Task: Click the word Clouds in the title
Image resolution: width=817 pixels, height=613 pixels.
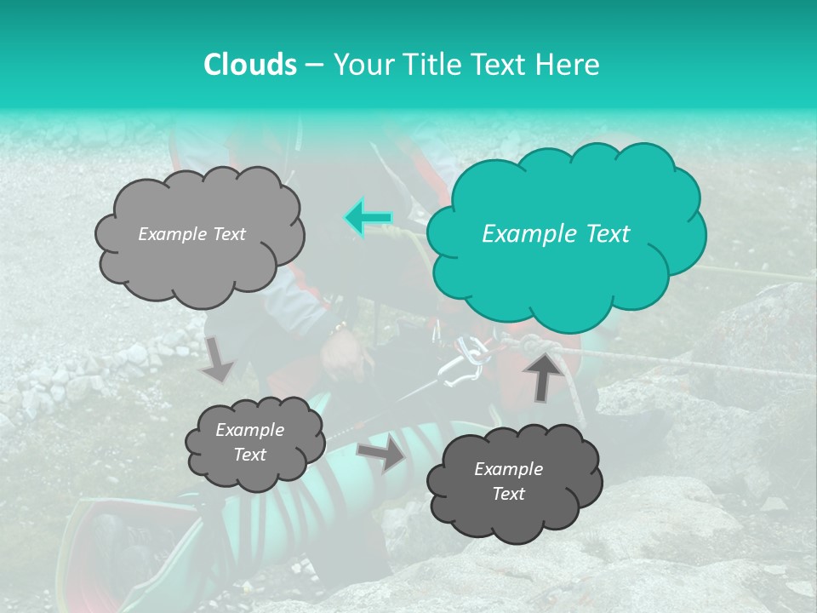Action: (249, 65)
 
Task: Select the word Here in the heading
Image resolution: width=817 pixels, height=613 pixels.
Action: (570, 65)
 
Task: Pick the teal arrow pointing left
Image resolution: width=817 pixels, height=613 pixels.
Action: (369, 218)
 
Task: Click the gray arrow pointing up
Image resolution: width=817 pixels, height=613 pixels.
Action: (544, 375)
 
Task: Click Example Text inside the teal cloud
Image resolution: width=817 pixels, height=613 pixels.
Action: (556, 234)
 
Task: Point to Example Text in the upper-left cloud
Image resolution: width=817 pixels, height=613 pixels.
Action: (191, 234)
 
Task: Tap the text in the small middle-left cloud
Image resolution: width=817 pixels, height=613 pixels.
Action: (249, 443)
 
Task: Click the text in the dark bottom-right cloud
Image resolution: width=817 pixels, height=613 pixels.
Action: (508, 481)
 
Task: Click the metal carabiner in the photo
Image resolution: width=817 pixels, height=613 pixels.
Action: (460, 361)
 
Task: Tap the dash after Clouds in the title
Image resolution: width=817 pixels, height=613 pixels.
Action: (313, 65)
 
